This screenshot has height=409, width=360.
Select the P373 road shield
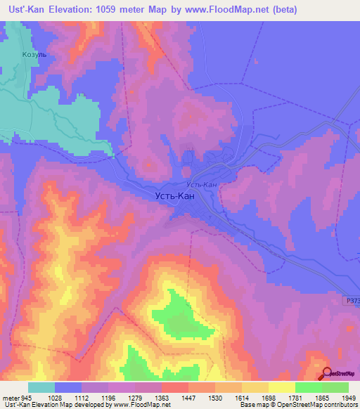pos(352,300)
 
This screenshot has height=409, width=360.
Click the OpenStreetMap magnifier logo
pos(327,374)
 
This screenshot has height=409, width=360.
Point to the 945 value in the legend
pos(27,397)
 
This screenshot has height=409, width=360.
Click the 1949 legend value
pos(348,397)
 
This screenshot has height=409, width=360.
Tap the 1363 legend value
pos(161,397)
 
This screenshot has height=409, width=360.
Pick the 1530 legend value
pos(214,397)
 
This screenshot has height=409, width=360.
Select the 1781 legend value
pos(295,397)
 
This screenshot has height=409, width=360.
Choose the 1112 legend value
pos(81,397)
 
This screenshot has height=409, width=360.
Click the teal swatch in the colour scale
pos(41,387)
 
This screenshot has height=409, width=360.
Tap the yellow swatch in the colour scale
pos(282,387)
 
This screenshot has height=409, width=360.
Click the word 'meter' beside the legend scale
pos(9,397)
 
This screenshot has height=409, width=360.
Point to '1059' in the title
pos(122,10)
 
